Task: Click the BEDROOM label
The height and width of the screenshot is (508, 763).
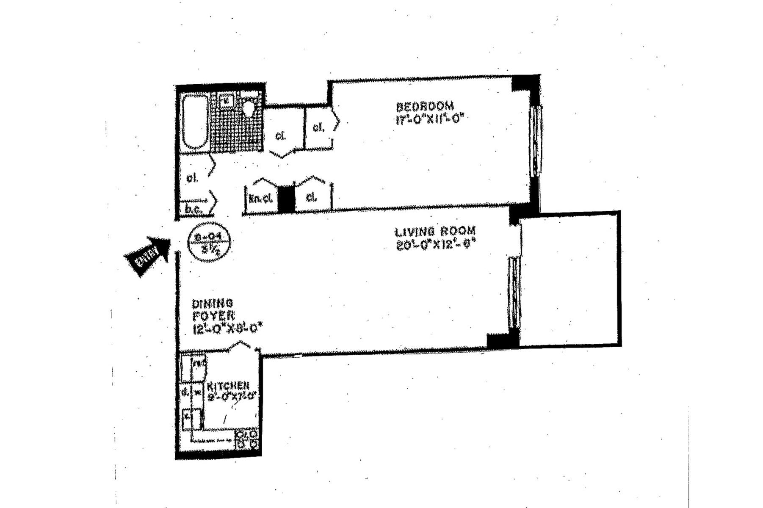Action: pyautogui.click(x=424, y=106)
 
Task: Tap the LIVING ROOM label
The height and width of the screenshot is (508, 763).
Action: pyautogui.click(x=435, y=232)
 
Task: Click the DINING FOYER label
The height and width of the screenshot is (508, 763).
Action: pyautogui.click(x=213, y=309)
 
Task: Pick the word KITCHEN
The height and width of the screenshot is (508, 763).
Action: pyautogui.click(x=228, y=386)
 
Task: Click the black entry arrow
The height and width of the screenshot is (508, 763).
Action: pyautogui.click(x=147, y=255)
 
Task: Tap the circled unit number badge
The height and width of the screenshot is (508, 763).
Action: pyautogui.click(x=209, y=243)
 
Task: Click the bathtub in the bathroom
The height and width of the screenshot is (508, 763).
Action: pyautogui.click(x=195, y=122)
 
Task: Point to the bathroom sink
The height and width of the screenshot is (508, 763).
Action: pyautogui.click(x=227, y=101)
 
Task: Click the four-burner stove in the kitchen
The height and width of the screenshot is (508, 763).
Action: pyautogui.click(x=246, y=439)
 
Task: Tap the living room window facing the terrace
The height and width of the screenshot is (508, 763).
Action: pyautogui.click(x=514, y=292)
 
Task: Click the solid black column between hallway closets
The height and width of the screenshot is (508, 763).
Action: pyautogui.click(x=286, y=198)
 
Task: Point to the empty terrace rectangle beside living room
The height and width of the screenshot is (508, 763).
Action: pyautogui.click(x=569, y=279)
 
